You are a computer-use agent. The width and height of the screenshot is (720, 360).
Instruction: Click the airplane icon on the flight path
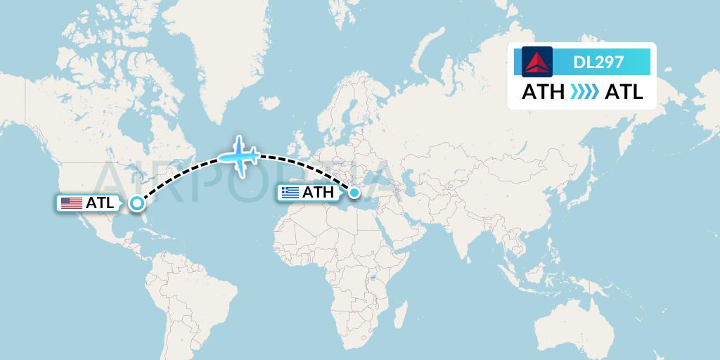tap(238, 156)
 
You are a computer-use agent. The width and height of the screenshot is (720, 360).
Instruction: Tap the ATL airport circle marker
tap(137, 204)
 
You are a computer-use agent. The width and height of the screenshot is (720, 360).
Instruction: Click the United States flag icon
tap(71, 204)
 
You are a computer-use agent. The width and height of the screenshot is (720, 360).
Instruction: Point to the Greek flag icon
tap(289, 193)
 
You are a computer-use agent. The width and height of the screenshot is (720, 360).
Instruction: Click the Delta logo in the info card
tap(538, 61)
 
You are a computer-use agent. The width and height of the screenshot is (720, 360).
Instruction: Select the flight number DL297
tap(598, 62)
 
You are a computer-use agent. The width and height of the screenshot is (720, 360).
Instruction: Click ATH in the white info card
tap(543, 92)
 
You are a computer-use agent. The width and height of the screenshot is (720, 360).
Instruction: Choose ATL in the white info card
tap(624, 92)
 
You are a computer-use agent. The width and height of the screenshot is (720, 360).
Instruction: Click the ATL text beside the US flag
tap(100, 204)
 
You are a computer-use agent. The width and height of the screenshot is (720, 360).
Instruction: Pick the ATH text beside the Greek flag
tap(318, 193)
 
